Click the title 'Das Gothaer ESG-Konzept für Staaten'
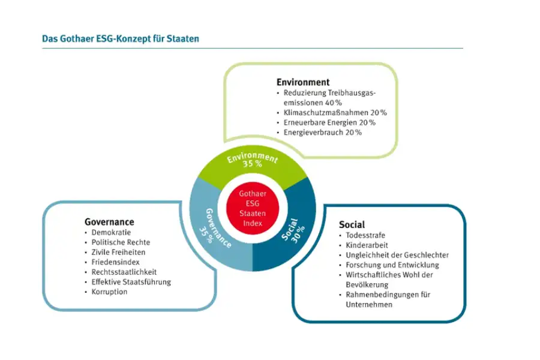tap(121, 38)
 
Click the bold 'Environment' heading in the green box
tap(303, 82)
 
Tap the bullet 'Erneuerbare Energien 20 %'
tap(329, 122)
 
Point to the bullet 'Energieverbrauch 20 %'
tap(322, 133)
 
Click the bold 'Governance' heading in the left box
tap(109, 222)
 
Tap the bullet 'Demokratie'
tap(111, 233)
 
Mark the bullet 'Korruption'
tap(109, 292)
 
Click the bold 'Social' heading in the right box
tap(352, 225)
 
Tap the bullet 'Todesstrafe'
tap(365, 235)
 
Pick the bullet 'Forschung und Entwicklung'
tap(392, 265)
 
